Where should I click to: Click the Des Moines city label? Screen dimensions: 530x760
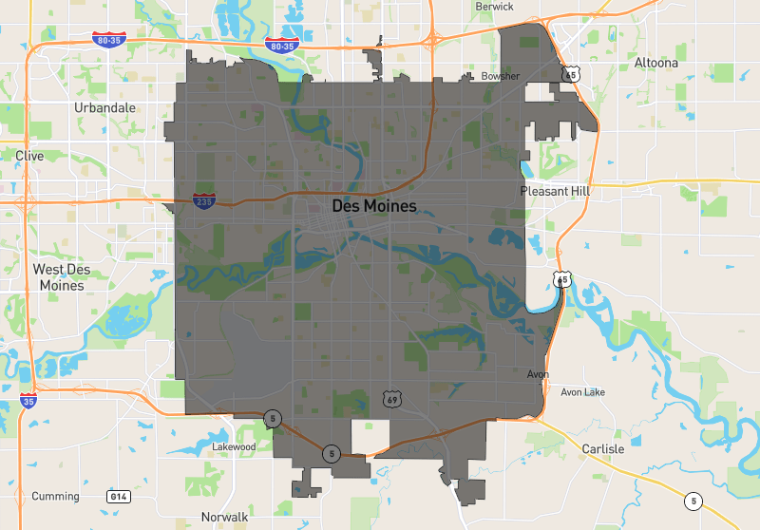click(374, 205)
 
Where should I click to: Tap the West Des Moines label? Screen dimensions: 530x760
click(62, 276)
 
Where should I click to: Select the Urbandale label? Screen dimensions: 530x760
click(104, 107)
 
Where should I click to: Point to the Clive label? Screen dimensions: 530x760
click(29, 155)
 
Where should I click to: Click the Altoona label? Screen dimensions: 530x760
click(656, 63)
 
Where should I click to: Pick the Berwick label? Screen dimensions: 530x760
click(494, 7)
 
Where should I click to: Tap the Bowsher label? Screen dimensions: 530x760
click(500, 76)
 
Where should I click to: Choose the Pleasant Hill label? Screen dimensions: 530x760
click(556, 191)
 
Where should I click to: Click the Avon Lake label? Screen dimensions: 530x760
click(582, 391)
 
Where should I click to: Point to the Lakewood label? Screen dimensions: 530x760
click(234, 445)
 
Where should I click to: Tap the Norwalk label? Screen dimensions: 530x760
click(224, 518)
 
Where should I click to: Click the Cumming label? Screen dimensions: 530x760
click(55, 496)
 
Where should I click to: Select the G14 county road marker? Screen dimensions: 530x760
click(118, 496)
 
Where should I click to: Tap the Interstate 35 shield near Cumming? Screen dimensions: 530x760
click(29, 402)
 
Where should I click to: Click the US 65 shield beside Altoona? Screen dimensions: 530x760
click(570, 72)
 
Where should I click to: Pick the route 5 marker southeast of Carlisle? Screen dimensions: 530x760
click(694, 501)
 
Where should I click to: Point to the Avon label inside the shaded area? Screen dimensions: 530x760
click(539, 374)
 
